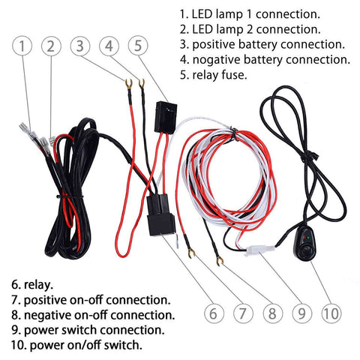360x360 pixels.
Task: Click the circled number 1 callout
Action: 23,46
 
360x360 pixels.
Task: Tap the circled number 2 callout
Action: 51,46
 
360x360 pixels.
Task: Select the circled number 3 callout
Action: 82,46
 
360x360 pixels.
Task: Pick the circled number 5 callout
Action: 139,46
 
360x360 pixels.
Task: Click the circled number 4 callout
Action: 110,46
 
